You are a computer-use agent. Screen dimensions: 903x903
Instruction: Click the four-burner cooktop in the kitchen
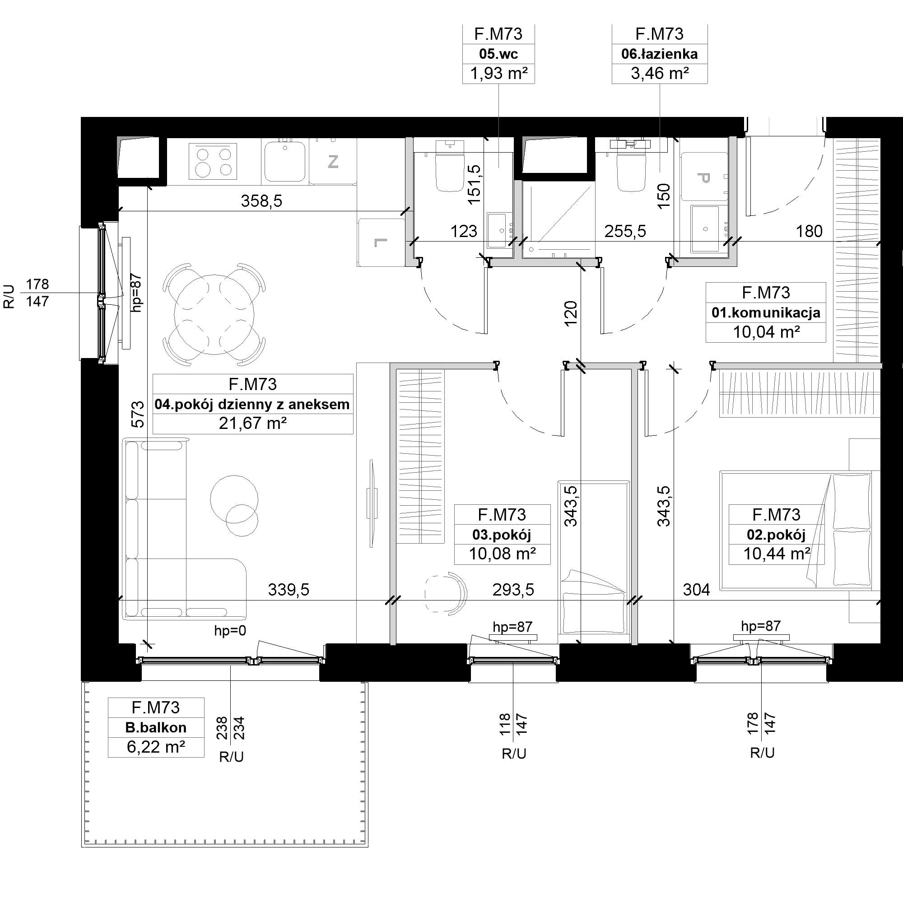213,161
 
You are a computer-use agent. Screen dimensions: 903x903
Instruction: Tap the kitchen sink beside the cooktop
284,161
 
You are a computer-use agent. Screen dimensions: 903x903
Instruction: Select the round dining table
214,314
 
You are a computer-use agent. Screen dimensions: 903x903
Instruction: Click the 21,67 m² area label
253,424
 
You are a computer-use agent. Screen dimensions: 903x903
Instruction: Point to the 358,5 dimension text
261,201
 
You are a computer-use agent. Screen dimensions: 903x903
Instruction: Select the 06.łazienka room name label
660,54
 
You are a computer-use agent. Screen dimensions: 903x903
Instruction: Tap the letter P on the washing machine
703,178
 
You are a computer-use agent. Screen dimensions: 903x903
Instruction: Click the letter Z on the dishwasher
333,162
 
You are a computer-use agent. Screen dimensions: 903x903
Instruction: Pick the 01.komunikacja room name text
766,312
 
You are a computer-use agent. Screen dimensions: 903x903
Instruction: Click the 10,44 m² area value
776,554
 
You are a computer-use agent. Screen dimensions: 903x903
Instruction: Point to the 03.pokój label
502,535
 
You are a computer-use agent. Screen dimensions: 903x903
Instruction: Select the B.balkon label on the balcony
156,727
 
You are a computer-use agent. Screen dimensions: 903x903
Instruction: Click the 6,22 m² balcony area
156,747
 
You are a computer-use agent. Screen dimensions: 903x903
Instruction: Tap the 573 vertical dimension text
138,414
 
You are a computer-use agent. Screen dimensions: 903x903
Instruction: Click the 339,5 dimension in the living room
289,590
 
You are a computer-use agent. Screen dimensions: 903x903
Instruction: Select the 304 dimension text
696,590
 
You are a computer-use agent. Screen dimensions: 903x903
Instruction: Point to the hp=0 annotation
230,630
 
